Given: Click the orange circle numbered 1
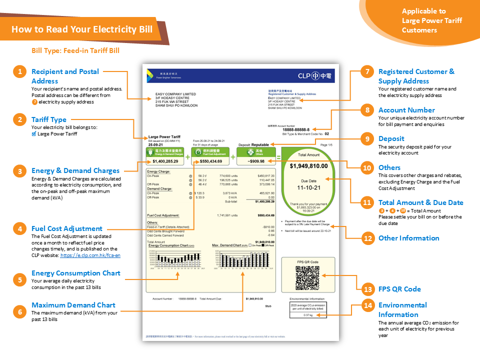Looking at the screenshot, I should tap(19, 72).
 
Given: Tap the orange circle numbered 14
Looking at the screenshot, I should tap(368, 305).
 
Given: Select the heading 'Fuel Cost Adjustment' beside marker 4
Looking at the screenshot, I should tap(66, 228).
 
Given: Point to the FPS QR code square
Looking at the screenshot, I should tap(307, 275).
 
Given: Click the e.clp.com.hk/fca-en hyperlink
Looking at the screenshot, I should tap(90, 255).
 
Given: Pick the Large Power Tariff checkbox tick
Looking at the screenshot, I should tap(33, 134).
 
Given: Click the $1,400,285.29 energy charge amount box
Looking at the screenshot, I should tap(165, 161).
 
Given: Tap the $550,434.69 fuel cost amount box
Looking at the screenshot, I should tap(210, 161).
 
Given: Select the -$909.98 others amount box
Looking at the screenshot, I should tap(256, 161).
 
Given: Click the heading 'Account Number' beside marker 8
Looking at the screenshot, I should tap(406, 110).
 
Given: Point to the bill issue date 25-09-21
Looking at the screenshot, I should tap(155, 144).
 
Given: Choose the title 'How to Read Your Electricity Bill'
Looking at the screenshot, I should tap(82, 29).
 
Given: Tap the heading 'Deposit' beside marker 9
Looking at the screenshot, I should tap(391, 138).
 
